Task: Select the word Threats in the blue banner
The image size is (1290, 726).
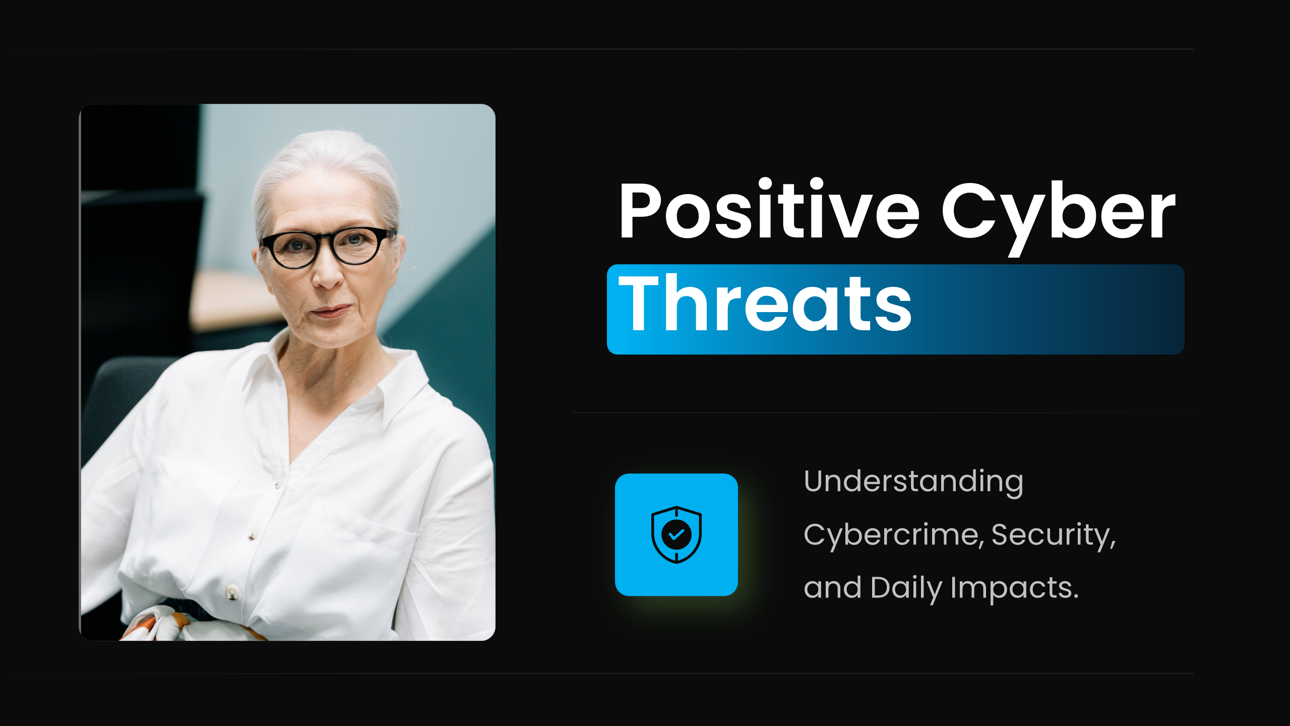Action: pos(765,303)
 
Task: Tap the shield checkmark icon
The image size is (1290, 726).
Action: pos(676,534)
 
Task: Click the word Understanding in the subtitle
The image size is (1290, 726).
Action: pos(913,482)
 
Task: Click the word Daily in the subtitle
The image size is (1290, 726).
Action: pos(906,588)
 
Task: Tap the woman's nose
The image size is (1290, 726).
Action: pos(328,272)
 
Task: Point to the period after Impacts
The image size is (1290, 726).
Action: pos(1075,596)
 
